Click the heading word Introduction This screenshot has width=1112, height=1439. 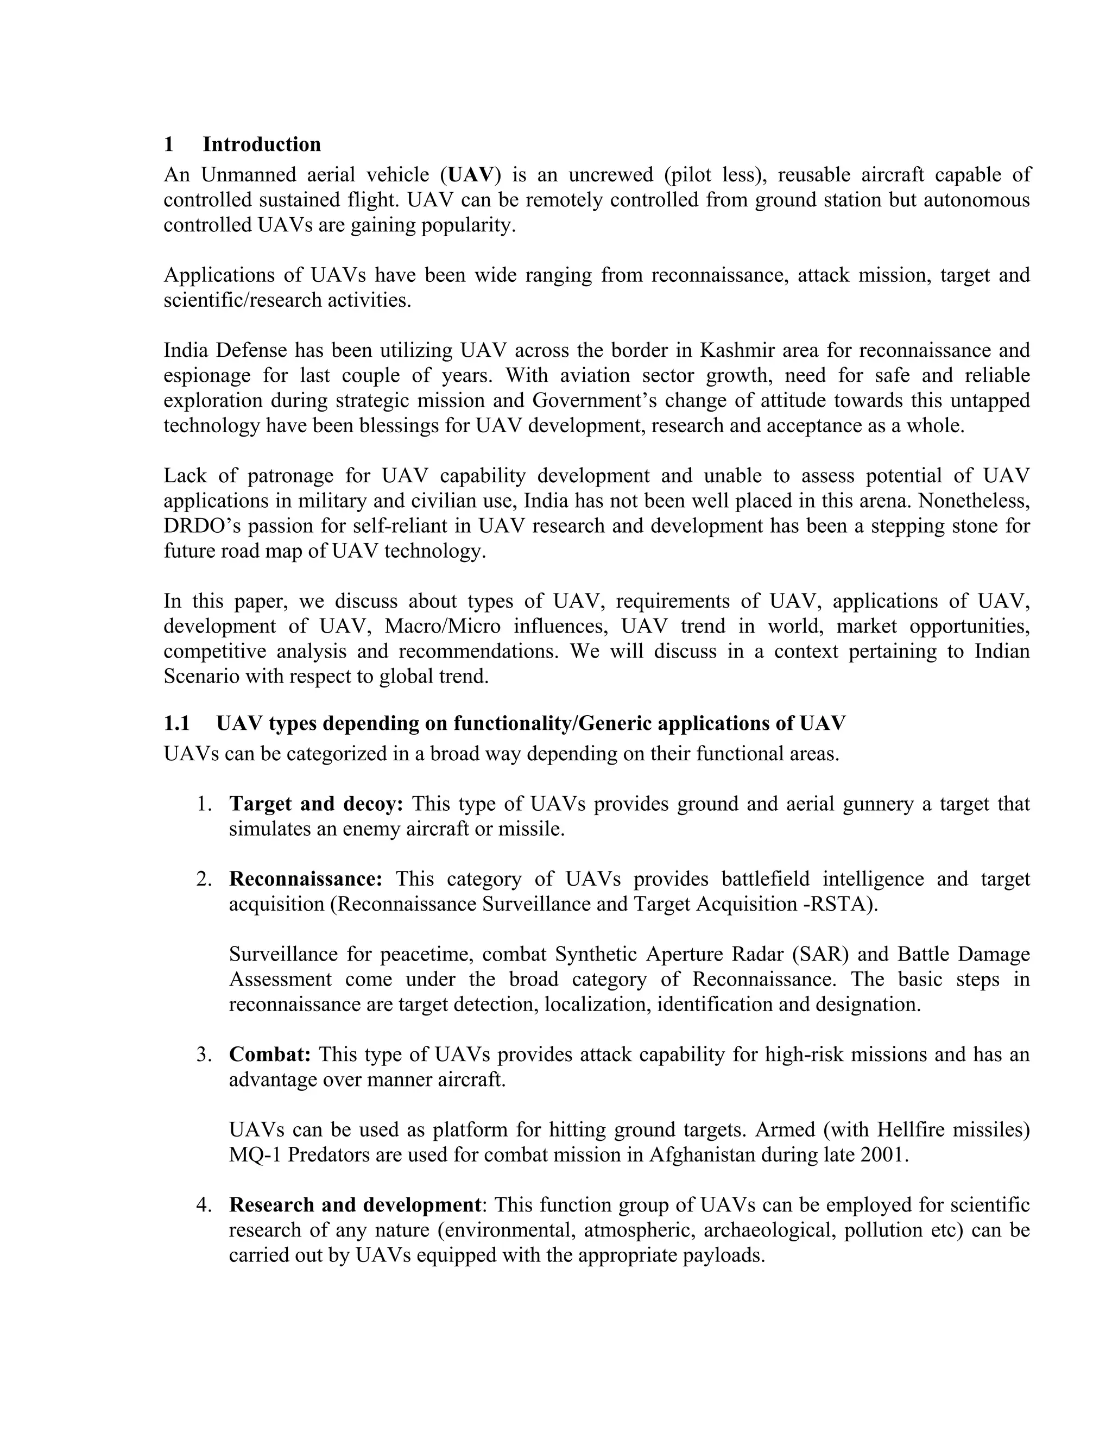pos(262,144)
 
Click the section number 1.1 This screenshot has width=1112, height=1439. pos(176,723)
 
